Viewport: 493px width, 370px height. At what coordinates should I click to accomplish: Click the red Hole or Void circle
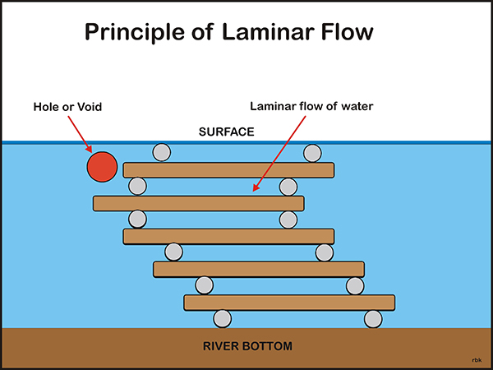coord(102,167)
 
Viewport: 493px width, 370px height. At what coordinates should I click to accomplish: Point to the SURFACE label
coord(227,132)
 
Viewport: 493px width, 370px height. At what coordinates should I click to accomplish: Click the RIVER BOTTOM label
coord(247,346)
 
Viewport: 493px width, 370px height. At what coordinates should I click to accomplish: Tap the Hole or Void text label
coord(67,107)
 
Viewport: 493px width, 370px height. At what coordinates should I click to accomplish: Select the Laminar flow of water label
coord(311,106)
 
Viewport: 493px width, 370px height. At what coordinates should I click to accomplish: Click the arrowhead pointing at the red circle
coord(89,149)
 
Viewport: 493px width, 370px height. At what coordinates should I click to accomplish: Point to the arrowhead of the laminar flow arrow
coord(256,187)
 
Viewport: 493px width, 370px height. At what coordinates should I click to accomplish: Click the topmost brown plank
coord(228,170)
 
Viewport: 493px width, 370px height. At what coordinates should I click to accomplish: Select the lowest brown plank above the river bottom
coord(289,303)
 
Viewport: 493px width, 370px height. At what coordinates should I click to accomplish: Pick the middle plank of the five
coord(228,236)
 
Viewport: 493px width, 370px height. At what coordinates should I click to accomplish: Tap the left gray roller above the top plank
coord(162,153)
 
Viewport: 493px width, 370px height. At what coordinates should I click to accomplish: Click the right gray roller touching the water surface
coord(312,153)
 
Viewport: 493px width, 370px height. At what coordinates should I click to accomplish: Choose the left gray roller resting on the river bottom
coord(223,319)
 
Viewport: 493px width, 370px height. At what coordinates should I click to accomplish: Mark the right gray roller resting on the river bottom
coord(373,319)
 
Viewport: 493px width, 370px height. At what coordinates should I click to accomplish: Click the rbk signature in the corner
coord(477,360)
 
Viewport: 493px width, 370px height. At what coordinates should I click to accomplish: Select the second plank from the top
coord(198,203)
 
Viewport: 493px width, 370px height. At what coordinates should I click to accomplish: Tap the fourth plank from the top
coord(259,270)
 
